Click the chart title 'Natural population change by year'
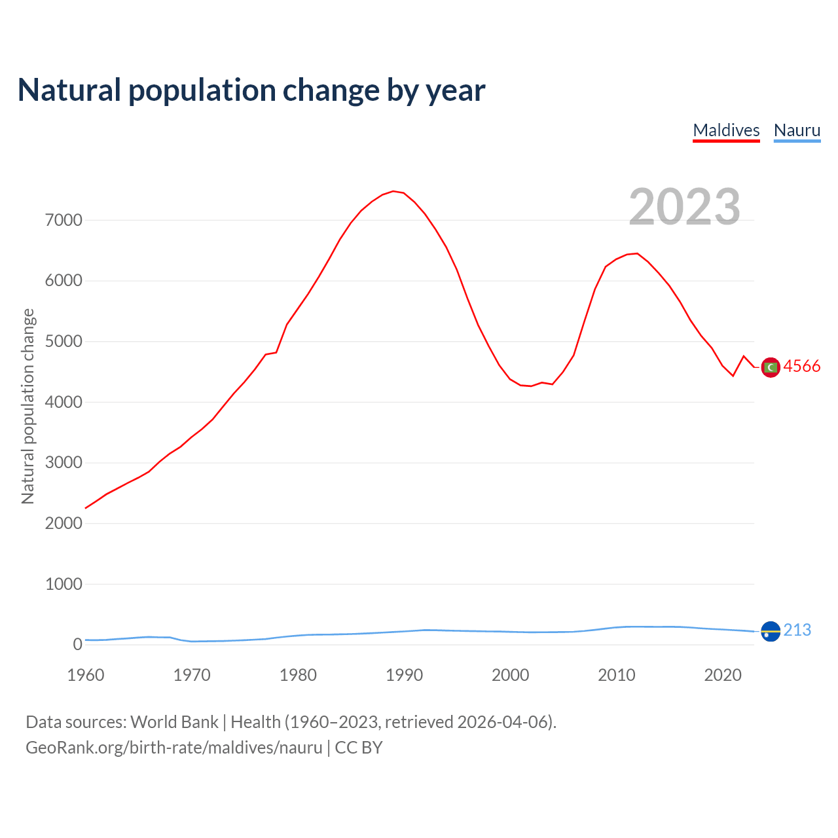[251, 90]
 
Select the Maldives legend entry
[726, 130]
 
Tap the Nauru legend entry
[797, 130]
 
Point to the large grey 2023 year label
[684, 207]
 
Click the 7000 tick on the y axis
[64, 221]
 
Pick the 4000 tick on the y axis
[64, 403]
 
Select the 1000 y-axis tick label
[64, 585]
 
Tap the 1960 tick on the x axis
[86, 675]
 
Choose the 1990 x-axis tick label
[404, 675]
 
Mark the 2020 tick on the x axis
[722, 675]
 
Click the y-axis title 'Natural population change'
[27, 407]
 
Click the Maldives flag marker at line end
[771, 368]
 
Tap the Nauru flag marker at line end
[771, 632]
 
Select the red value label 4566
[801, 367]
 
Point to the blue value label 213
[797, 630]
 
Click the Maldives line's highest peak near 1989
[393, 191]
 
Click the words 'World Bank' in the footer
[174, 722]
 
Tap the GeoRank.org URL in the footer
[174, 748]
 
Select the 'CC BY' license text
[359, 748]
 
